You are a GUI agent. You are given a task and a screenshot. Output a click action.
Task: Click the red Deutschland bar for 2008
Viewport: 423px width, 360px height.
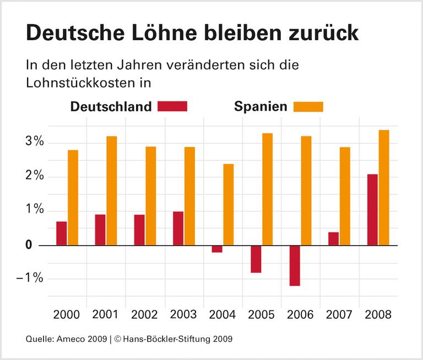372,210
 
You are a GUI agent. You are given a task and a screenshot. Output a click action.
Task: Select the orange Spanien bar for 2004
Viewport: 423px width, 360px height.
229,204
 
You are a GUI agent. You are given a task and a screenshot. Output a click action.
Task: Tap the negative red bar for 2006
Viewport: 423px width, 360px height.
295,265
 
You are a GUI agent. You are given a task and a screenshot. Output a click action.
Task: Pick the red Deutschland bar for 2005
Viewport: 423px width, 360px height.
256,259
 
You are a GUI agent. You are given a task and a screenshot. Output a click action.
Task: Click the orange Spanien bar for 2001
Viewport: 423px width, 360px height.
112,190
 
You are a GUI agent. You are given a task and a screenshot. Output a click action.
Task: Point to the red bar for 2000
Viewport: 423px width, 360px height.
61,233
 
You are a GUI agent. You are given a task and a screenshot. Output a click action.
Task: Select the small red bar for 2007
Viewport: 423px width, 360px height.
333,238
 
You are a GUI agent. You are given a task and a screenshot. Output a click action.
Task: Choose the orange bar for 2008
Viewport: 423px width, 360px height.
384,187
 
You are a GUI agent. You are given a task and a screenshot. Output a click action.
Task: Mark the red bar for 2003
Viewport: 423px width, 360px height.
178,228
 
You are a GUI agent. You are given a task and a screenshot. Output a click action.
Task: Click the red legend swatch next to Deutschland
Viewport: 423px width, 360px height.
172,106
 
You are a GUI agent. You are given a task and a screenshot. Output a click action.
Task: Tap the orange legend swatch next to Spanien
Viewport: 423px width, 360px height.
308,106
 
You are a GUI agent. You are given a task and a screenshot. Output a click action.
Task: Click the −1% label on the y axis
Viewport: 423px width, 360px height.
30,278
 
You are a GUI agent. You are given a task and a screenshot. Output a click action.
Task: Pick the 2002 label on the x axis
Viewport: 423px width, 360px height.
144,315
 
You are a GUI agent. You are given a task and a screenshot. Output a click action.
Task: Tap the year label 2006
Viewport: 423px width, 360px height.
300,315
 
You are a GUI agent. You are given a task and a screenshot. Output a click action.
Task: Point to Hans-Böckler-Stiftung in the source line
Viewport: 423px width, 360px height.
166,339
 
